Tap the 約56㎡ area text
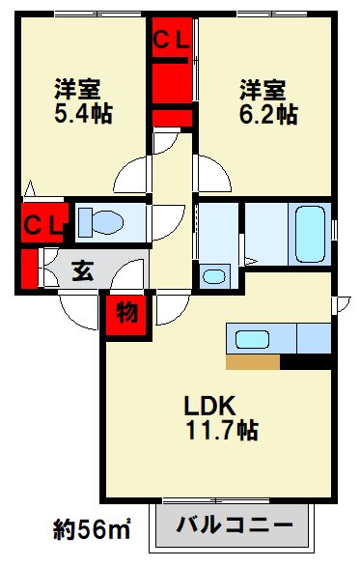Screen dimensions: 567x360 93,528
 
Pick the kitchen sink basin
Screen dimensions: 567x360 252,340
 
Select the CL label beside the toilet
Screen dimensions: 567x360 42,225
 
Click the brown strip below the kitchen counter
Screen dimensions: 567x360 253,362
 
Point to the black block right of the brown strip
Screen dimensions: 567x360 306,362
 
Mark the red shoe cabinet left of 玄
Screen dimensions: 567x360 29,270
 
